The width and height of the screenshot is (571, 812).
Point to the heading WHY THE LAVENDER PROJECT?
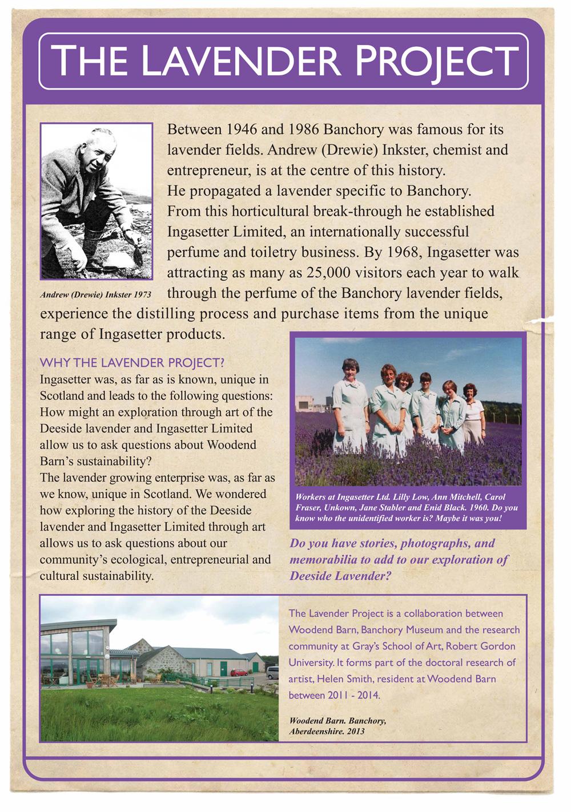coord(132,363)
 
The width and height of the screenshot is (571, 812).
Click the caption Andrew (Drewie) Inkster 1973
coord(96,295)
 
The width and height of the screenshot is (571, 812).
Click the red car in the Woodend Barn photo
coord(239,672)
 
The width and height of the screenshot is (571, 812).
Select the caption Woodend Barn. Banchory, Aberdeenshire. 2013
coord(337,726)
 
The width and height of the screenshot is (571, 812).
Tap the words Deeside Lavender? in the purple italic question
coord(340,576)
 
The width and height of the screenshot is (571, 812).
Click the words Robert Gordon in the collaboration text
coord(486,647)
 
